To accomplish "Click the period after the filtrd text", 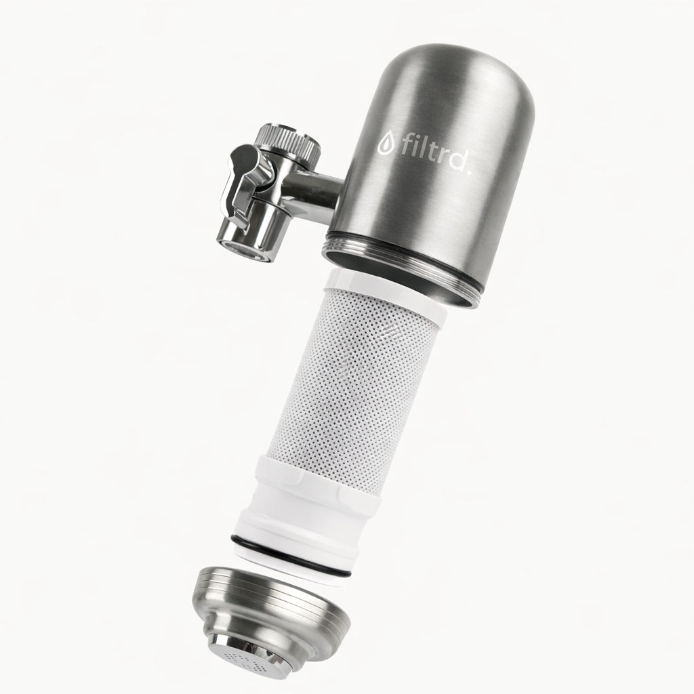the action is (x=469, y=169).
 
